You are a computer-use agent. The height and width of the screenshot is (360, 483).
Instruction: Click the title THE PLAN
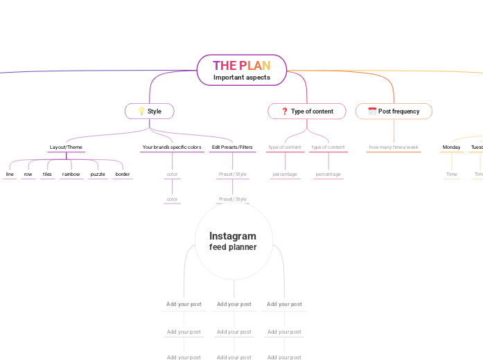pos(241,66)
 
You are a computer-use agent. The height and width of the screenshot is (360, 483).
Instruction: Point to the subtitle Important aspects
pos(241,78)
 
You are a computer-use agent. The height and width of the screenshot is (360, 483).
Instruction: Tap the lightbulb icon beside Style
pos(141,111)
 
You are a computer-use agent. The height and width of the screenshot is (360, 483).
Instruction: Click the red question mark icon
pos(284,111)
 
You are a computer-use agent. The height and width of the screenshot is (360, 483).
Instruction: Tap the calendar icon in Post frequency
pos(372,111)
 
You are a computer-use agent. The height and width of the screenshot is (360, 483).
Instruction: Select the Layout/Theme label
pos(66,147)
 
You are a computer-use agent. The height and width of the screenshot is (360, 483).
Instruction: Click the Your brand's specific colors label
pos(172,147)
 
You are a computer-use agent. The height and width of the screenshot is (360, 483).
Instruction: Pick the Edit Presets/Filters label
pos(232,147)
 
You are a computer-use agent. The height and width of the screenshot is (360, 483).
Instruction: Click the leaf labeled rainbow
pos(71,174)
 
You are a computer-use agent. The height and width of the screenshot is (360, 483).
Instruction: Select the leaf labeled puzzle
pos(98,174)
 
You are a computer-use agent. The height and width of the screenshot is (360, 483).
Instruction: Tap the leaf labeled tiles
pos(47,174)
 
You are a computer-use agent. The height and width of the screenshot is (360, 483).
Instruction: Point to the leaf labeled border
pos(123,174)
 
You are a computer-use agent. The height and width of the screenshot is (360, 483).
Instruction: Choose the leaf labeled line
pos(10,174)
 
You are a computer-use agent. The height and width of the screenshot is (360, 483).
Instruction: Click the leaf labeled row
pos(28,174)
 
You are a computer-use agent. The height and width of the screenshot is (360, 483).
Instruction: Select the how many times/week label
pos(394,147)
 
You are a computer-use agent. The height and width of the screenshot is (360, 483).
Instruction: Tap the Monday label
pos(451,147)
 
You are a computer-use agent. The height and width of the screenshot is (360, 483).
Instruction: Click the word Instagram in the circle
pos(233,236)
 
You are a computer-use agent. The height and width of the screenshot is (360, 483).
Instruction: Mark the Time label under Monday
pos(452,174)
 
